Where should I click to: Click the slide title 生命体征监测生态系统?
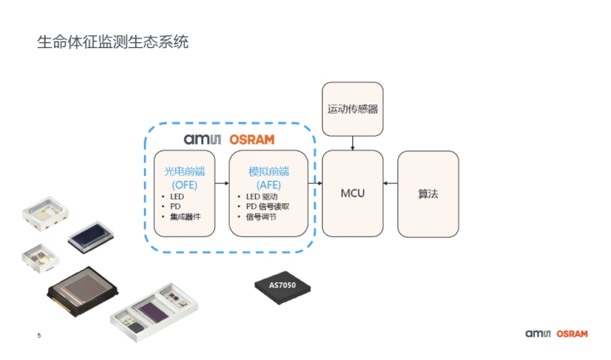click(x=113, y=43)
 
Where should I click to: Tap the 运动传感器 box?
click(x=353, y=109)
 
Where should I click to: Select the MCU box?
click(x=353, y=193)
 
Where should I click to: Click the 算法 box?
click(x=428, y=194)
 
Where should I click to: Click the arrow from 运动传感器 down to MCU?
click(x=353, y=143)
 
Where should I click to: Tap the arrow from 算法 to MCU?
click(x=391, y=183)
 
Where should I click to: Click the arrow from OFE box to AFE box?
click(x=222, y=183)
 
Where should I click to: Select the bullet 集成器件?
click(x=189, y=217)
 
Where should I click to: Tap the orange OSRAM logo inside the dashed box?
click(x=251, y=139)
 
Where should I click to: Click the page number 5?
click(x=39, y=336)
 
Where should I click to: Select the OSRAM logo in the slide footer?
click(x=572, y=334)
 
